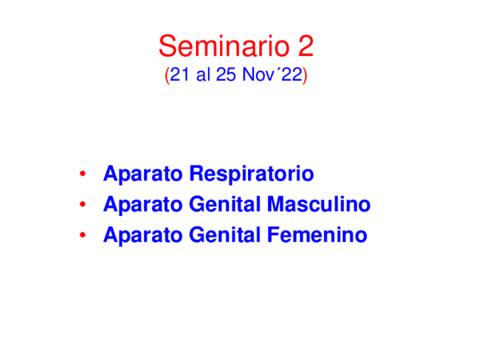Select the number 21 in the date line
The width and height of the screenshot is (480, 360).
pyautogui.click(x=179, y=75)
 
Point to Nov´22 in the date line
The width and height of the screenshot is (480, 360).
pyautogui.click(x=272, y=75)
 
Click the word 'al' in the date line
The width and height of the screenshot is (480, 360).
pyautogui.click(x=203, y=75)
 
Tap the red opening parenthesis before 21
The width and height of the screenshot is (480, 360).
pyautogui.click(x=167, y=76)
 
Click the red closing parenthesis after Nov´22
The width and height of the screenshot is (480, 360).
pyautogui.click(x=305, y=76)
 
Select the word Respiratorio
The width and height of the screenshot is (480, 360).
pyautogui.click(x=251, y=174)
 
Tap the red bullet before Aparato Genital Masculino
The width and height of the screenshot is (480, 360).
pyautogui.click(x=83, y=204)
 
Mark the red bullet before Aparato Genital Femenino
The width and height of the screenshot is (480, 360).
pyautogui.click(x=83, y=234)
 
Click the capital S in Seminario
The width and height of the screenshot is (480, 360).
pyautogui.click(x=168, y=46)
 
